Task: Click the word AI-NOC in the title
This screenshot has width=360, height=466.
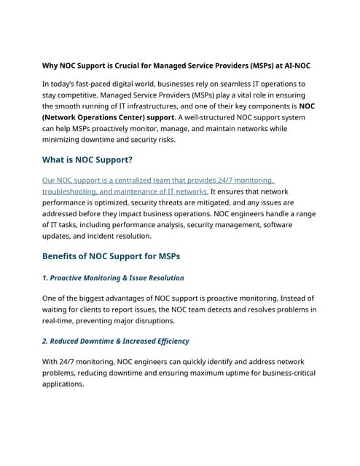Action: (293, 65)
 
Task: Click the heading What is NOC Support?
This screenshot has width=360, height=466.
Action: (87, 159)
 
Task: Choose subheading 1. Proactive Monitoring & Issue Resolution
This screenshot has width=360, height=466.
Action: (113, 277)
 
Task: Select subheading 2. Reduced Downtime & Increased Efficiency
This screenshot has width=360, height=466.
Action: (115, 341)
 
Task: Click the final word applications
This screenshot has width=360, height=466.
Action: (63, 384)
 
